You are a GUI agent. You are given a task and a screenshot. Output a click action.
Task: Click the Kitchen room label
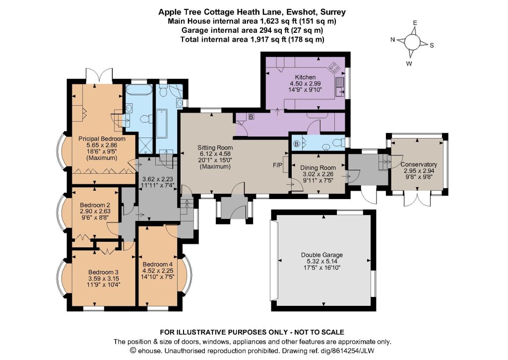[305, 77]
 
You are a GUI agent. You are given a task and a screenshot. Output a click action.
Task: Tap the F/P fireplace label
[278, 165]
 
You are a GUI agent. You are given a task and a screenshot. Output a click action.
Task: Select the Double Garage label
[321, 255]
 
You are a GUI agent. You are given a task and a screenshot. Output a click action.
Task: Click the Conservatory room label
[419, 164]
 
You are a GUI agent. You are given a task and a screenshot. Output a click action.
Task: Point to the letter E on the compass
[415, 23]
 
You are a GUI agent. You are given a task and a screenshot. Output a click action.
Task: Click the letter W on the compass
[409, 64]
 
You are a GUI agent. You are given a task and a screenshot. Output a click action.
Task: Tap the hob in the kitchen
[334, 68]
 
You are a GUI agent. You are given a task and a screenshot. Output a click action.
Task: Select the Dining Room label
[318, 168]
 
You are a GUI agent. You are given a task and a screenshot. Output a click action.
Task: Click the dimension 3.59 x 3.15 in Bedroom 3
[103, 278]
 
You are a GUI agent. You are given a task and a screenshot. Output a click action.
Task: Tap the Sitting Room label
[215, 147]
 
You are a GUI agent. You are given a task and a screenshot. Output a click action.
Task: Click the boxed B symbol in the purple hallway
[251, 117]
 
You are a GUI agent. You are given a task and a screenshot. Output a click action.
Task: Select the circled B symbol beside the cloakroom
[297, 144]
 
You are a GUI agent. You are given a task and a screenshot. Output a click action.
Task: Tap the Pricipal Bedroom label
[102, 139]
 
